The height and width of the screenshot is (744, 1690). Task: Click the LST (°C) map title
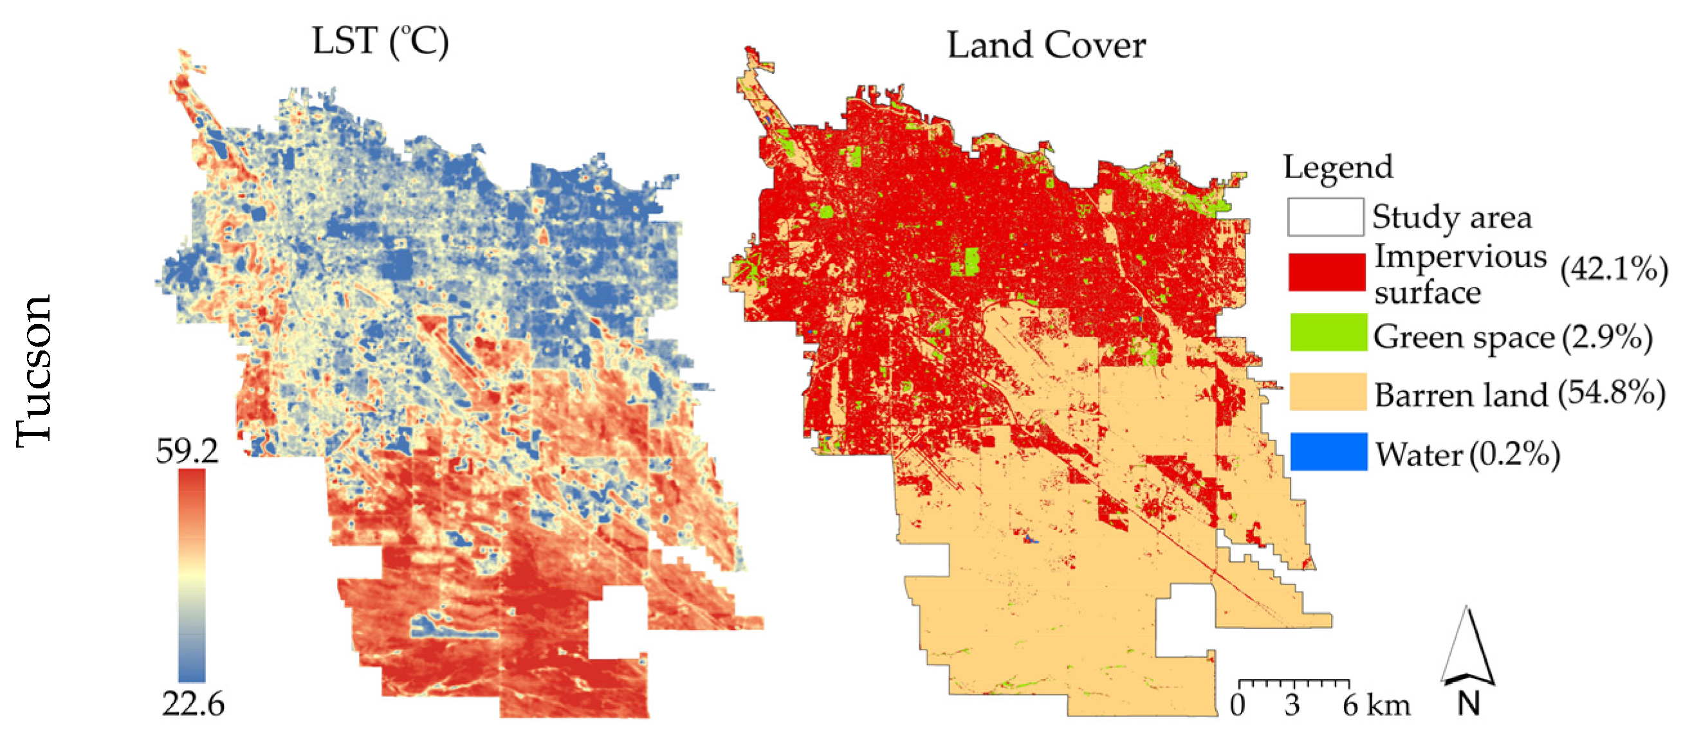click(x=380, y=42)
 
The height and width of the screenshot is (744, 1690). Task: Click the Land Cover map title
click(x=1046, y=46)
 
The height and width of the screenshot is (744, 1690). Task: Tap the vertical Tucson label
click(x=34, y=371)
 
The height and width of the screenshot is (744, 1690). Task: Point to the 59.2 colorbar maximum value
click(x=187, y=451)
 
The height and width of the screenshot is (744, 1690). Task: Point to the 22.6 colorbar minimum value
click(x=193, y=705)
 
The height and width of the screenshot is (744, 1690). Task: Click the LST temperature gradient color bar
click(x=192, y=576)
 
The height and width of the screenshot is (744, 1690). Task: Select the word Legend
click(x=1337, y=167)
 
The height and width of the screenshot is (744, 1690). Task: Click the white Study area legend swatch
click(x=1325, y=217)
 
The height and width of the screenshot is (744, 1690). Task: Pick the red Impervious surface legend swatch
click(x=1327, y=272)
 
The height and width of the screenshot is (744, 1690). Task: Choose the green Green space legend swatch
click(x=1328, y=332)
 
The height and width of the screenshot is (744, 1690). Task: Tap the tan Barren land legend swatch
click(x=1328, y=392)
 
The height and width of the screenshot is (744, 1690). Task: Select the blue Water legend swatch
click(x=1328, y=451)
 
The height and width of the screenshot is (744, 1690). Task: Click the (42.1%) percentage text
click(x=1614, y=269)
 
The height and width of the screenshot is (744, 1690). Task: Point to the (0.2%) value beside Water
click(x=1514, y=454)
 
